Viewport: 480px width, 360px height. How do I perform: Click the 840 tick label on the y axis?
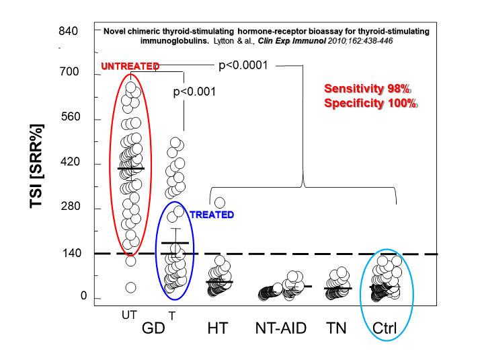tap(69, 32)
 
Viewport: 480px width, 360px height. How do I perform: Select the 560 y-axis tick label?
tap(69, 117)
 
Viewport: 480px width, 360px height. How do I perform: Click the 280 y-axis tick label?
tap(69, 207)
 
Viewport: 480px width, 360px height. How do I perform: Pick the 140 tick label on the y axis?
tap(69, 253)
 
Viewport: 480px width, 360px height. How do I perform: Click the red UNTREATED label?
tap(130, 66)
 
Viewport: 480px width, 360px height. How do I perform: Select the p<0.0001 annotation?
tap(244, 65)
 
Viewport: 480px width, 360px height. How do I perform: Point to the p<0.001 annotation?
tap(194, 92)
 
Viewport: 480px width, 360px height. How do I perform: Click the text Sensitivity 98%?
tap(367, 89)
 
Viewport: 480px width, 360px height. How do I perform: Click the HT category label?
tap(217, 328)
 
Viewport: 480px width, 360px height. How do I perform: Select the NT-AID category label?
tap(280, 328)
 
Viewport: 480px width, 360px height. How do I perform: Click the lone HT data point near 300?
tap(219, 203)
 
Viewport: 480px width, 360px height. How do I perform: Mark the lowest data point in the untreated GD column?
tap(131, 287)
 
